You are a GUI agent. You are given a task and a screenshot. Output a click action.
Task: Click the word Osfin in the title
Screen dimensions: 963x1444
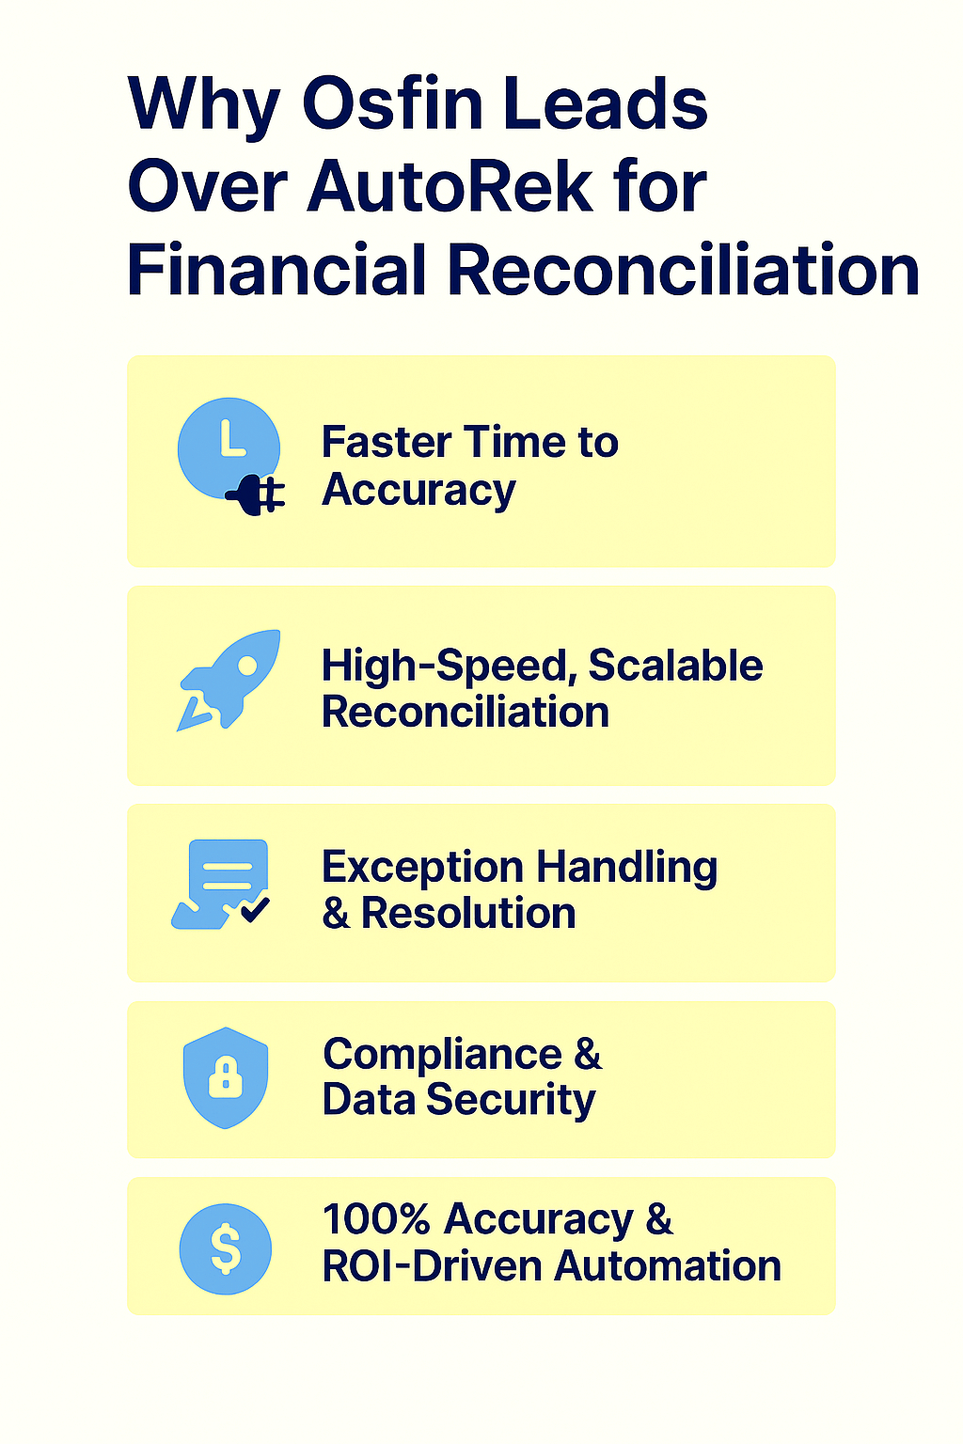click(x=393, y=104)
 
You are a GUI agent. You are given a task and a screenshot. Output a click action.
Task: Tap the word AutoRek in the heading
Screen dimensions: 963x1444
click(x=450, y=186)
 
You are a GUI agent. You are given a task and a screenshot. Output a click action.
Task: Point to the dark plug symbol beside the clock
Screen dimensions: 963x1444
click(x=255, y=494)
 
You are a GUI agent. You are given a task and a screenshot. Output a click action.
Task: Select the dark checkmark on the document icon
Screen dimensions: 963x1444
click(x=254, y=909)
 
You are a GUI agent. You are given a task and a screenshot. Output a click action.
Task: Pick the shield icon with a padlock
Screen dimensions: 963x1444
click(x=226, y=1077)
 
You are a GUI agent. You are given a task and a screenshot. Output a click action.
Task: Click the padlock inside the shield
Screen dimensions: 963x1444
click(x=226, y=1078)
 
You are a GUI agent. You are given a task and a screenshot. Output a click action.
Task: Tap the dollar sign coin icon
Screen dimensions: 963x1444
click(x=226, y=1249)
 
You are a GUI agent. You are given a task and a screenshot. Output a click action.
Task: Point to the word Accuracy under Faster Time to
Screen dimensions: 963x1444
click(x=418, y=491)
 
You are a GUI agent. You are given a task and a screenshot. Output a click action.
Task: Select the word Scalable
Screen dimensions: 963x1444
click(x=675, y=666)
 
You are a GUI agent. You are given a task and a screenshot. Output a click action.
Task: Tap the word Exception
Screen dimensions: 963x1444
click(x=422, y=868)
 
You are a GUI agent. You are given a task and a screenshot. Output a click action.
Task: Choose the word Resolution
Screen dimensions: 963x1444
click(x=468, y=914)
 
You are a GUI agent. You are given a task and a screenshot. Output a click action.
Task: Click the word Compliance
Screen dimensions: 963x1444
click(x=442, y=1055)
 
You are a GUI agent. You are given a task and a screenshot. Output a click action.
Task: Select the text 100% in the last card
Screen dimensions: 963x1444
click(x=376, y=1219)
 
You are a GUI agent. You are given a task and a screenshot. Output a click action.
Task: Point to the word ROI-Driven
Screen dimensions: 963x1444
click(x=432, y=1266)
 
